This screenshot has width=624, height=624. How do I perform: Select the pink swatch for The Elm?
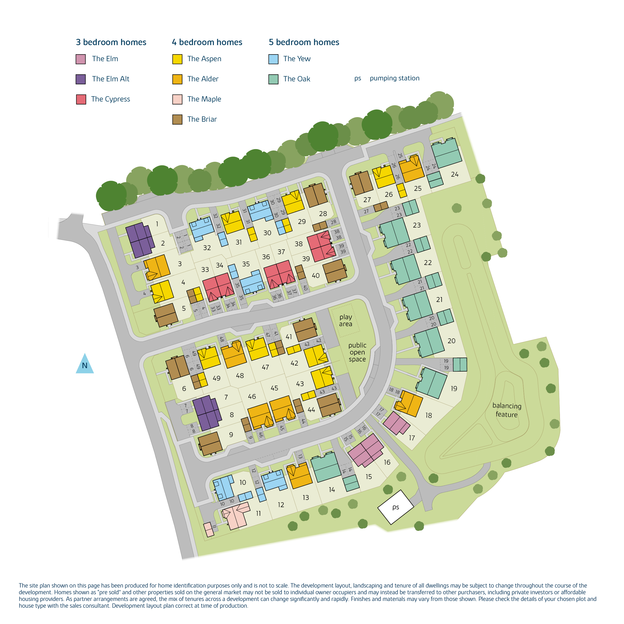pyautogui.click(x=80, y=59)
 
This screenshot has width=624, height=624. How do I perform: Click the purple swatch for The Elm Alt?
pyautogui.click(x=80, y=79)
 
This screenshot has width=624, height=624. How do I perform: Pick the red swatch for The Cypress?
pyautogui.click(x=81, y=99)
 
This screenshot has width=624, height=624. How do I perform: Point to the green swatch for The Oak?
pyautogui.click(x=273, y=79)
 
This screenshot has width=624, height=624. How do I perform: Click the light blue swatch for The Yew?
pyautogui.click(x=273, y=59)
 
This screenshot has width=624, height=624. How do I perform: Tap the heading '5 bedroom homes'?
pyautogui.click(x=304, y=42)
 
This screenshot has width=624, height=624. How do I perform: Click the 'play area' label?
pyautogui.click(x=345, y=320)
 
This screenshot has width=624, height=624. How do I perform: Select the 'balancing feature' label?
pyautogui.click(x=506, y=410)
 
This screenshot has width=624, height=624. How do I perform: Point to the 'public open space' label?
pyautogui.click(x=357, y=352)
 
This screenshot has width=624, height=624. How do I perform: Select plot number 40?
pyautogui.click(x=316, y=276)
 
